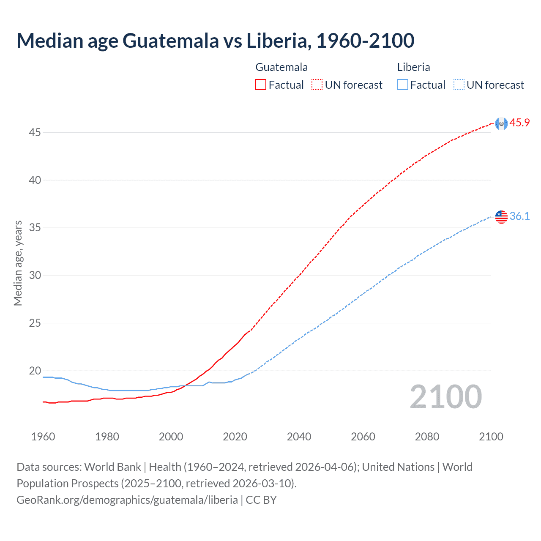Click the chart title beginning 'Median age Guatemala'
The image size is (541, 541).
coord(215,41)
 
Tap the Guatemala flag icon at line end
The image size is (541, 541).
coord(501,123)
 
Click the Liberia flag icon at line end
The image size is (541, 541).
coord(501,217)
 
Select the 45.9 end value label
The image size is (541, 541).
coord(519,123)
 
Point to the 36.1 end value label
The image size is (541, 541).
coord(519,216)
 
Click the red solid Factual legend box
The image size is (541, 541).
coord(261,85)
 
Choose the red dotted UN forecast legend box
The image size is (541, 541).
coord(317,85)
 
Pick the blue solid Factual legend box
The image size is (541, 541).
coord(402,85)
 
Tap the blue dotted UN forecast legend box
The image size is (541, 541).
coord(459,85)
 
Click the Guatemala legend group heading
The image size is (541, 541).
coord(281,67)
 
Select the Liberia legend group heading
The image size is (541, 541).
coord(413,67)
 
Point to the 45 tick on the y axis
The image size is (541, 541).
coord(35,133)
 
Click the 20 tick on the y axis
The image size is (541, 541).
coord(35,371)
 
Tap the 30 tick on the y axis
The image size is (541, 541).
coord(35,276)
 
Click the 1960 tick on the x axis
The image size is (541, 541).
coord(43,437)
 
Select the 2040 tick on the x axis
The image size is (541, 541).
coord(299,437)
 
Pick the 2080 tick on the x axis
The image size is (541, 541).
coord(427,437)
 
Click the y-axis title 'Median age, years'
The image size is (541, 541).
coord(18,263)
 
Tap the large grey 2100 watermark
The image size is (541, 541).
coord(445,397)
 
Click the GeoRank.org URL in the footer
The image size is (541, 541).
coord(127,500)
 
